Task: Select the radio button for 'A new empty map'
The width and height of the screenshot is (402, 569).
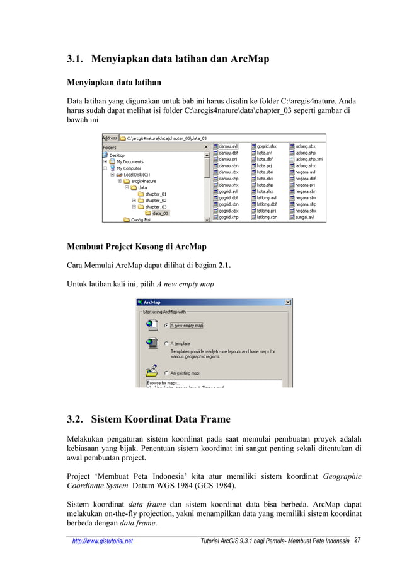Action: (x=166, y=326)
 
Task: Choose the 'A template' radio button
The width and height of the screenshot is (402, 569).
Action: (x=166, y=344)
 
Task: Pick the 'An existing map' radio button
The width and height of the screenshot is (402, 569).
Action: (x=166, y=373)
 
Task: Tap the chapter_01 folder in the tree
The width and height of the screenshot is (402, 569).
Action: (x=156, y=194)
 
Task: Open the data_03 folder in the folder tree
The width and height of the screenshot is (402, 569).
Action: (x=160, y=213)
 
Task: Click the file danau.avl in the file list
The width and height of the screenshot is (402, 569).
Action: (x=228, y=145)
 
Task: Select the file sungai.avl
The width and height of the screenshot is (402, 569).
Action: (x=305, y=218)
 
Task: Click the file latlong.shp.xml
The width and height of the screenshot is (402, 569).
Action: (x=309, y=160)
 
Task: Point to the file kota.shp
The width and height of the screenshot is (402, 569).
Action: (x=265, y=178)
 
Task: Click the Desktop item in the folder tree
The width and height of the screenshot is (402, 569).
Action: (x=117, y=155)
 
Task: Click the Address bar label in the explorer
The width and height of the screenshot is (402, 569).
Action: (x=110, y=138)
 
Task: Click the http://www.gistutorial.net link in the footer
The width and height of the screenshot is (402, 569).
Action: (x=102, y=541)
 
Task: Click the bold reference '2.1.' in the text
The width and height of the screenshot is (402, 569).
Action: (x=224, y=266)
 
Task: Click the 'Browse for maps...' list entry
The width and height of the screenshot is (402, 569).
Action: (x=163, y=383)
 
